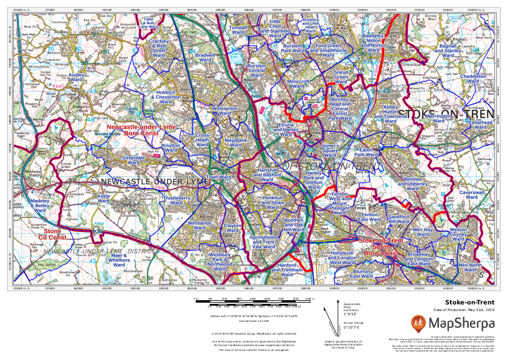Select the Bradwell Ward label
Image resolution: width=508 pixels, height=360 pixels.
tap(206, 57)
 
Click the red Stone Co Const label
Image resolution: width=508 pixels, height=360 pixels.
tap(52, 234)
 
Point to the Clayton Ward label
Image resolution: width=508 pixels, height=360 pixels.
tap(233, 228)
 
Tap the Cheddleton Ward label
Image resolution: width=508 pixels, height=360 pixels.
tap(473, 80)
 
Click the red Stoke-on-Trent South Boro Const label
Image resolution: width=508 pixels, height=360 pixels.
tap(380, 246)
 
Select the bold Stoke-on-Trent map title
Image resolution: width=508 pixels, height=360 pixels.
tap(469, 302)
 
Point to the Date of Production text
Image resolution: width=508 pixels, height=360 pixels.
tap(463, 310)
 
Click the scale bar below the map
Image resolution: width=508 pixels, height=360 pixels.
tap(253, 300)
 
